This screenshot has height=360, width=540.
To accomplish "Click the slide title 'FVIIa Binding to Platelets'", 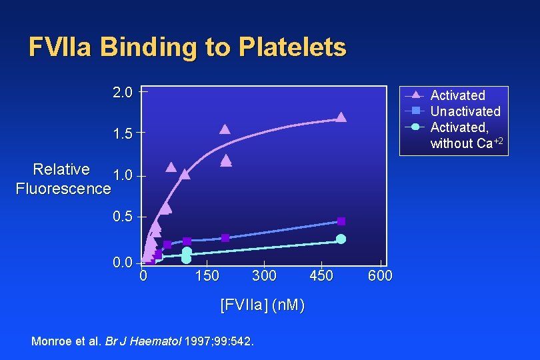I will [187, 47].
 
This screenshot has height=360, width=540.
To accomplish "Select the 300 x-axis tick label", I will [265, 276].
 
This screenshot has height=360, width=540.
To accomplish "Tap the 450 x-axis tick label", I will [322, 276].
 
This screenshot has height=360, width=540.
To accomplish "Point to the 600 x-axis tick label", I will [380, 276].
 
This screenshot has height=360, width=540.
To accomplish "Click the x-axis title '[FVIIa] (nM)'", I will [263, 305].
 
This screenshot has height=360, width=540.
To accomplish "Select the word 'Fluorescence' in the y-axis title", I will [63, 189].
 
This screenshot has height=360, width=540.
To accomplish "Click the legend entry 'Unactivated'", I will [465, 111].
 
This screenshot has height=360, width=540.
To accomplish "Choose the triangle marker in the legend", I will [415, 95].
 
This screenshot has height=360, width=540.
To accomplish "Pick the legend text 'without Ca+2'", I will [466, 143].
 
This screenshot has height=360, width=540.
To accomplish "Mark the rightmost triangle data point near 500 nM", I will [341, 117].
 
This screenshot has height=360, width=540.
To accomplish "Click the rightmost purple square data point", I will [341, 221].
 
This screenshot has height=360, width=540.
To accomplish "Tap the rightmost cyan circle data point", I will [341, 239].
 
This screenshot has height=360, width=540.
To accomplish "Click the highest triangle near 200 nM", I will [225, 129].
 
